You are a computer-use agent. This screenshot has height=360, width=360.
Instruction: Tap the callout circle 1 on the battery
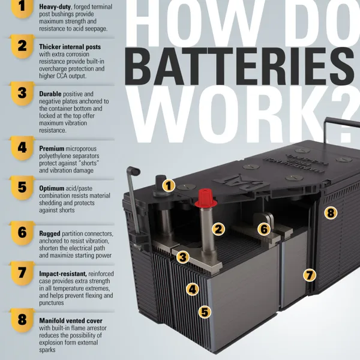pyautogui.click(x=169, y=185)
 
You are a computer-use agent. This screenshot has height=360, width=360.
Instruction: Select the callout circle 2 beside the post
pyautogui.click(x=218, y=229)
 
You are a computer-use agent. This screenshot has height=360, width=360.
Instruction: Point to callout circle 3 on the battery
pyautogui.click(x=183, y=257)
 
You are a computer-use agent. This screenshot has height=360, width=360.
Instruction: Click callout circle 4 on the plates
pyautogui.click(x=193, y=289)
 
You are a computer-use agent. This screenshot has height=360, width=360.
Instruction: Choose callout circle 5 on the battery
pyautogui.click(x=205, y=312)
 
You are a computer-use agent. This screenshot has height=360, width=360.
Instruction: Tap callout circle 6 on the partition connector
pyautogui.click(x=264, y=229)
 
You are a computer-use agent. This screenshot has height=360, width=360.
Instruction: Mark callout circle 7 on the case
pyautogui.click(x=309, y=275)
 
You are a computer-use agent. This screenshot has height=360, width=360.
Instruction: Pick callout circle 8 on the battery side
pyautogui.click(x=331, y=212)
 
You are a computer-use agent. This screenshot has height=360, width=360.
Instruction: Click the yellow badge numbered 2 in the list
pyautogui.click(x=22, y=47)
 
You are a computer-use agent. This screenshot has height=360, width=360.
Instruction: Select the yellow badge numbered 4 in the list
pyautogui.click(x=22, y=148)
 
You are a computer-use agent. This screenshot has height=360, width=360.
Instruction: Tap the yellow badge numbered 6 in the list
pyautogui.click(x=22, y=233)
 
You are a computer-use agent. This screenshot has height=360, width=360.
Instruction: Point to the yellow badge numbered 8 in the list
pyautogui.click(x=22, y=320)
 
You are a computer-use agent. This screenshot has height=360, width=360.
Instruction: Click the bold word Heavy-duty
pyautogui.click(x=55, y=7)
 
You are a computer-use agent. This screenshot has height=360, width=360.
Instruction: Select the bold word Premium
pyautogui.click(x=52, y=149)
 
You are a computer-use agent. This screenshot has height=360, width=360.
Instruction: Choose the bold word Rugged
pyautogui.click(x=50, y=234)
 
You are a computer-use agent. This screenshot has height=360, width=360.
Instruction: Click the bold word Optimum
pyautogui.click(x=52, y=188)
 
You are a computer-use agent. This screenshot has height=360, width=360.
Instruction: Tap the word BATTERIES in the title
pyautogui.click(x=239, y=67)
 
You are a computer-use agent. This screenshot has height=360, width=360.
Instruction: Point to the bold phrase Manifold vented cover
pyautogui.click(x=71, y=320)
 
